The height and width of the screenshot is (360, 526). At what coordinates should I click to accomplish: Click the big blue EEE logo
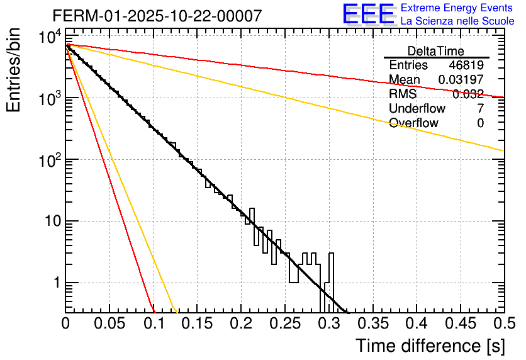coord(368,14)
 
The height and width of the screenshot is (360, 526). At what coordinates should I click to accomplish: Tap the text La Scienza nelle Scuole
coord(457,21)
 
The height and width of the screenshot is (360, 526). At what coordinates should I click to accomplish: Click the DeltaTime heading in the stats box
coord(435,51)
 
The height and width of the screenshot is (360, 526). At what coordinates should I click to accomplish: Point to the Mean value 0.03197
coord(461,80)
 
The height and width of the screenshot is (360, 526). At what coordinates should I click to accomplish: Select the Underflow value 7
coord(480,109)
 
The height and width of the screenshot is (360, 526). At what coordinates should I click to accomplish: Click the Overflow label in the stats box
coord(413,123)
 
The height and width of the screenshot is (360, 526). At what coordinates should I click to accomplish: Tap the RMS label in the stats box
coord(403,94)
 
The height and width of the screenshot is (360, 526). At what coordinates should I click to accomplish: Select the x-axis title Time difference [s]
coord(429,346)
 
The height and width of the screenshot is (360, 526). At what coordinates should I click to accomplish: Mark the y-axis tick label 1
coord(55,283)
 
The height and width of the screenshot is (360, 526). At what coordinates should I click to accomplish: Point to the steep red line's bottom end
coord(154,311)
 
